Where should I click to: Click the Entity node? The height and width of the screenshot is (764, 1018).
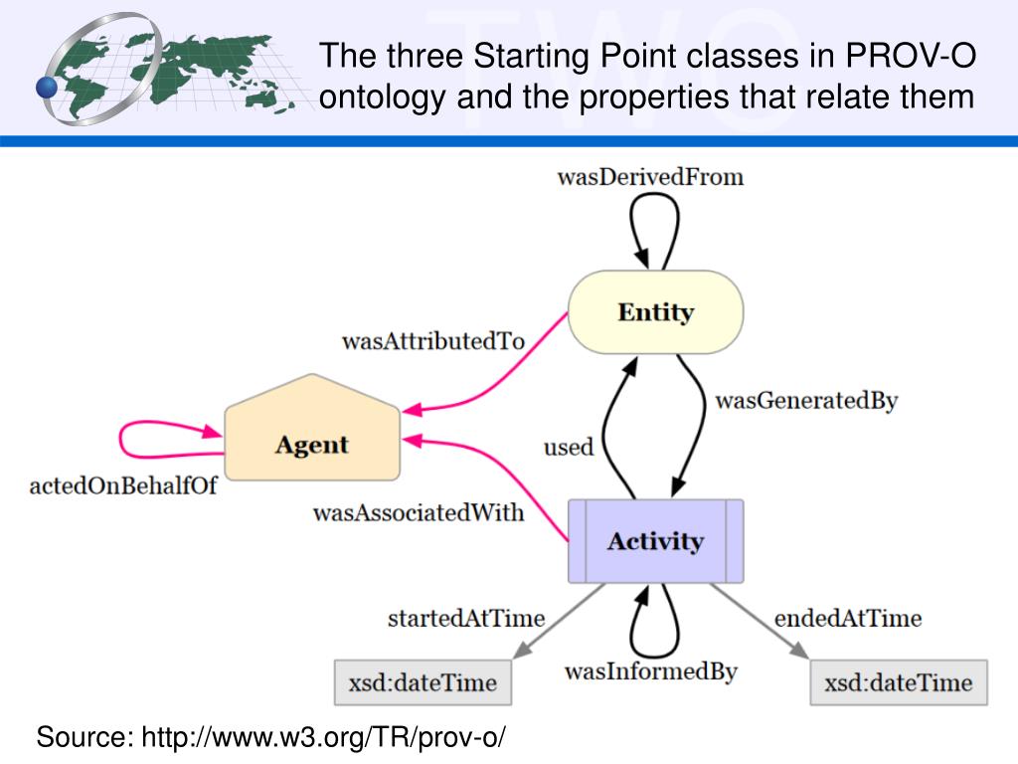click(x=655, y=312)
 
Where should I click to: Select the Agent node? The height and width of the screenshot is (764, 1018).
click(x=312, y=444)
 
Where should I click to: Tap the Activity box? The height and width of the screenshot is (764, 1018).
click(x=655, y=541)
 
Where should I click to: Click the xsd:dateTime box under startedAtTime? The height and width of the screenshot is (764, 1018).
click(x=422, y=683)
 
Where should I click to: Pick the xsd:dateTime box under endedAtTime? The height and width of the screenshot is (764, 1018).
click(x=898, y=683)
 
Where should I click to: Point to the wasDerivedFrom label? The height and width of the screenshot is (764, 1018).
click(x=650, y=178)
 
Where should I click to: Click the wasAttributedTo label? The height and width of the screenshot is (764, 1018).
click(x=432, y=341)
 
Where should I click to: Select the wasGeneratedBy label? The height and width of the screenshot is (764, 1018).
click(x=806, y=401)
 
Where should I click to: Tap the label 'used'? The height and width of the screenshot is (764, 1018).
click(x=568, y=448)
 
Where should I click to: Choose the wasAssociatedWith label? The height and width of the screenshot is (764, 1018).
click(x=419, y=513)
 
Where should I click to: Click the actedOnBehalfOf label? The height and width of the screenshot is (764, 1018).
click(x=123, y=487)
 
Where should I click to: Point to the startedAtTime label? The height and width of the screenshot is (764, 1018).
click(x=465, y=618)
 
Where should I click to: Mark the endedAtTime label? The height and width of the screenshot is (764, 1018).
click(x=847, y=618)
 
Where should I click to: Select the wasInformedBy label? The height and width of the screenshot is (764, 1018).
click(x=650, y=671)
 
